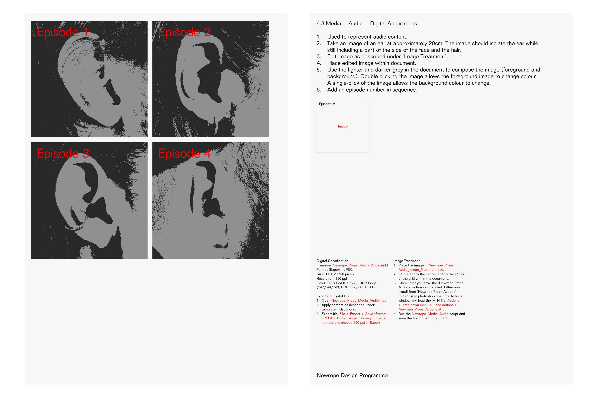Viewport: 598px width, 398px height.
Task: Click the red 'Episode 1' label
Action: coord(63,32)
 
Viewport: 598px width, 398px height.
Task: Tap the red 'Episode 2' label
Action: coord(184,32)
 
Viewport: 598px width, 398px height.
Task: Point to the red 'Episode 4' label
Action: coord(184,154)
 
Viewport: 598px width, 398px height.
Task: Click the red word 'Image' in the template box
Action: coord(343,126)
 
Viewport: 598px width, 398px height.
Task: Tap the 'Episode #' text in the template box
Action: coord(327,104)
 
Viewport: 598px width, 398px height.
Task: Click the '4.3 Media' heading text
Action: coord(329,23)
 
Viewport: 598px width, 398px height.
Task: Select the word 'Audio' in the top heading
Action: coord(355,23)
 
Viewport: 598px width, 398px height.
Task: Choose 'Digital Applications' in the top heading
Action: coord(394,23)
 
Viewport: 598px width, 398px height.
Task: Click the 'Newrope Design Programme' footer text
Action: coord(352,375)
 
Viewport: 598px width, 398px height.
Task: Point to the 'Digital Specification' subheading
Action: coord(332,261)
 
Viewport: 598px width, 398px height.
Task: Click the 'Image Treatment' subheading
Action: coord(407,261)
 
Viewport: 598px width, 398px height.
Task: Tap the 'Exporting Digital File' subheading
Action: coord(333,296)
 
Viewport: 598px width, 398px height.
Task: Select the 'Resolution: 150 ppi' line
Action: coord(332,278)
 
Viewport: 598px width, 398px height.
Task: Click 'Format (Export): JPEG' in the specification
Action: coord(335,270)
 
